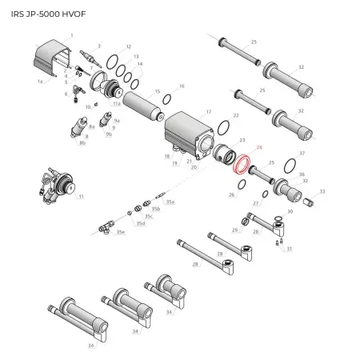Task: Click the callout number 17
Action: tap(209, 112)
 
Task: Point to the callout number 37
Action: tap(302, 152)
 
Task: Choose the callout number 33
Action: tap(322, 192)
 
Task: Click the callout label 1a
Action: tap(41, 82)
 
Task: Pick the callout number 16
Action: tap(182, 86)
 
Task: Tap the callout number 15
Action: tap(157, 92)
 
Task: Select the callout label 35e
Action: tap(121, 232)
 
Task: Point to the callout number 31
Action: tap(290, 249)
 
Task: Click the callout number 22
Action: tap(236, 116)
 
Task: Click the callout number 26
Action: tap(231, 194)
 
